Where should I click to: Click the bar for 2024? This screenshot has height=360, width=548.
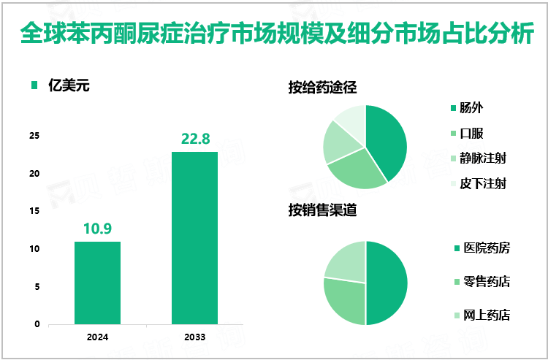click(97, 283)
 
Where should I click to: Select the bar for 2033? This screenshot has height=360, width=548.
click(194, 237)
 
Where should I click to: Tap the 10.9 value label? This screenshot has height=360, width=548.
click(97, 229)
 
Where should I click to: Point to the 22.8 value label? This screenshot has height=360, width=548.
click(194, 139)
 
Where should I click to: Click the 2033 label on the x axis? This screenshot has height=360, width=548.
click(194, 337)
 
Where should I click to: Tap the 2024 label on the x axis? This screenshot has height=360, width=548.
click(97, 337)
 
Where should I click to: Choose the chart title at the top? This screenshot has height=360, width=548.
click(274, 33)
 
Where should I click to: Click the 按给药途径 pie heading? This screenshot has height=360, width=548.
click(321, 88)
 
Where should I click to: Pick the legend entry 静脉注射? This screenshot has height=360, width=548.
click(482, 158)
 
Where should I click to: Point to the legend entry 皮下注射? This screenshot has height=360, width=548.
click(482, 183)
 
